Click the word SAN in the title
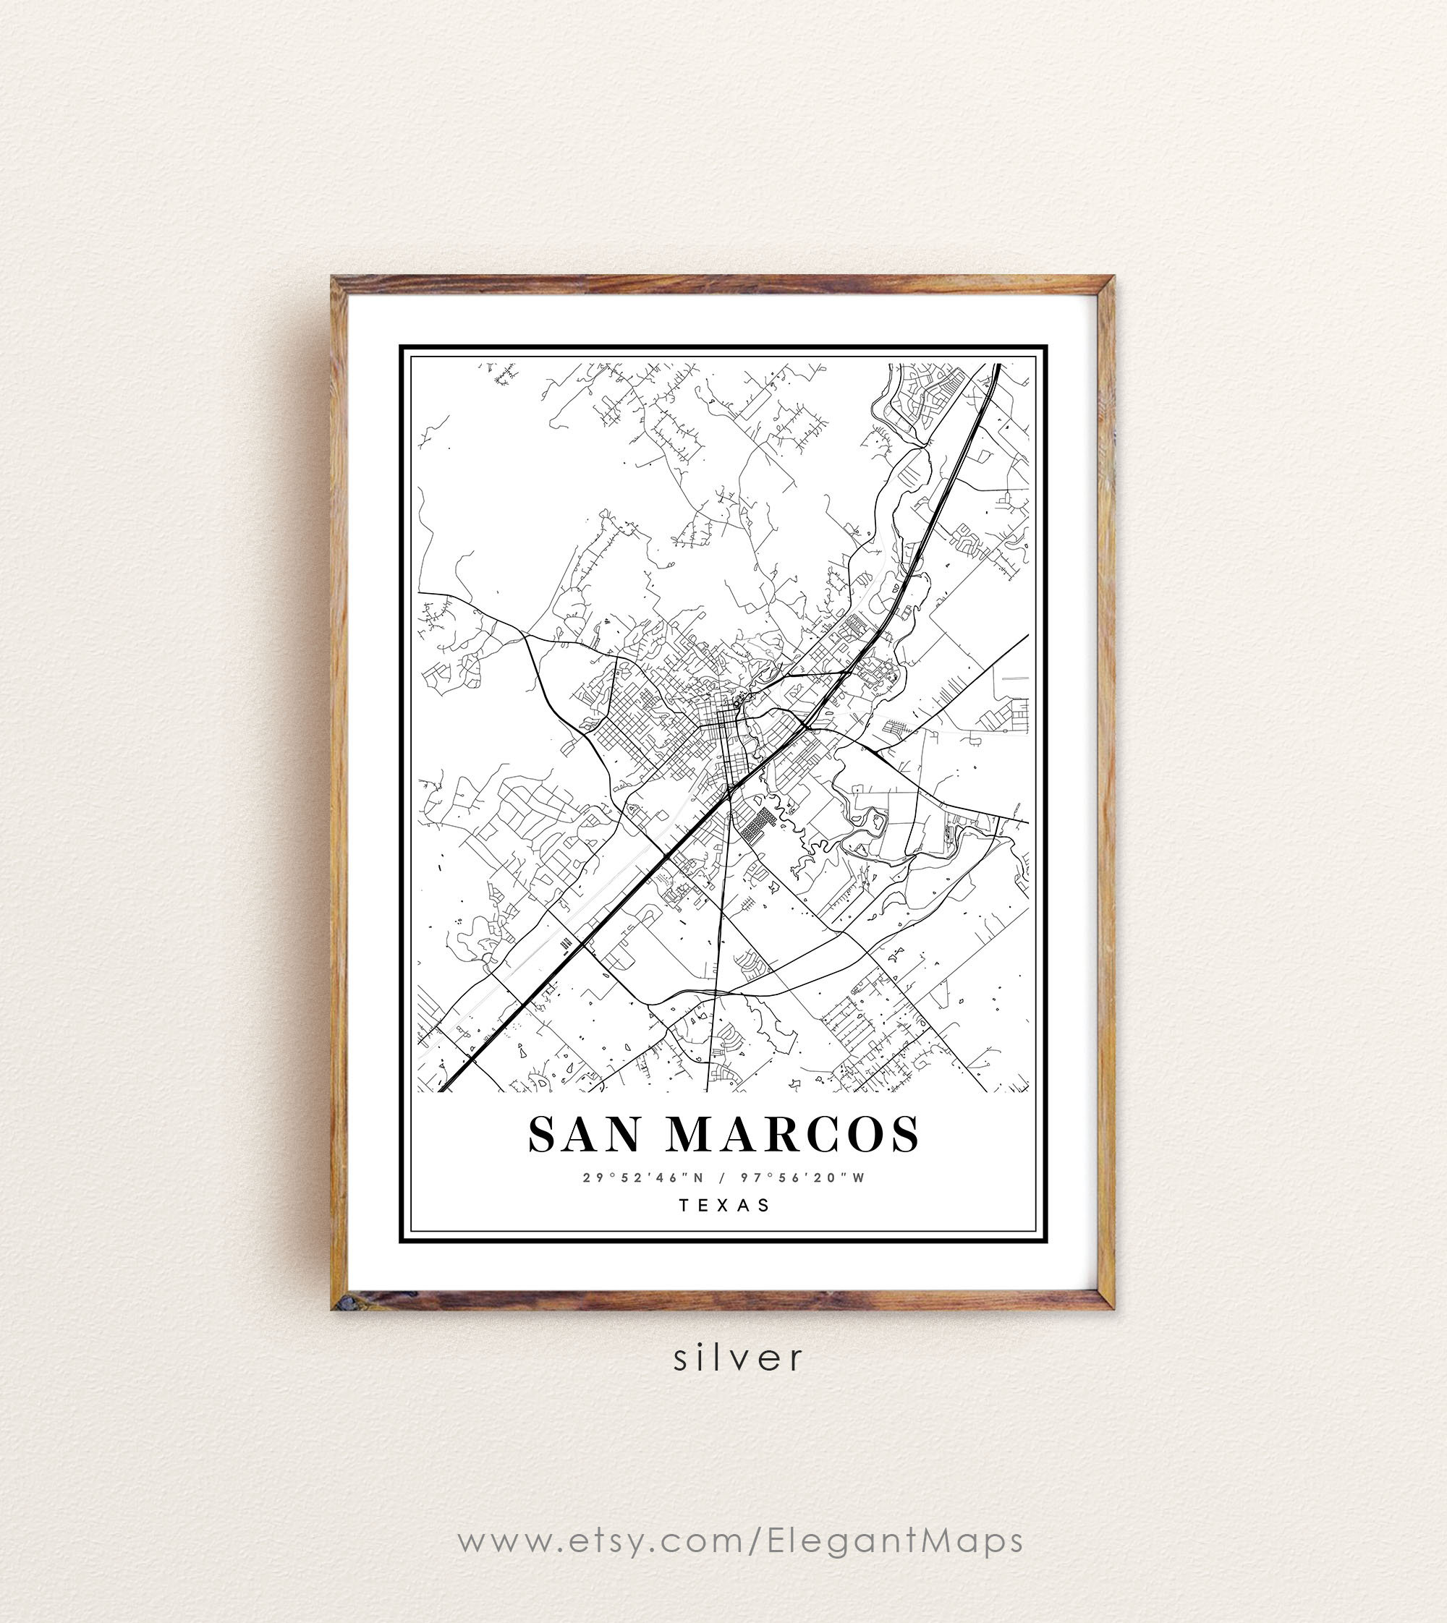pos(584,1133)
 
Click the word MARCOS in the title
pos(793,1133)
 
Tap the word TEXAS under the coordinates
pos(724,1205)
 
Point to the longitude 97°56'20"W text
pos(806,1177)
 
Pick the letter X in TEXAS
pos(724,1205)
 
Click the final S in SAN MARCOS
pos(906,1133)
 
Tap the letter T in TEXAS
pos(683,1205)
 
